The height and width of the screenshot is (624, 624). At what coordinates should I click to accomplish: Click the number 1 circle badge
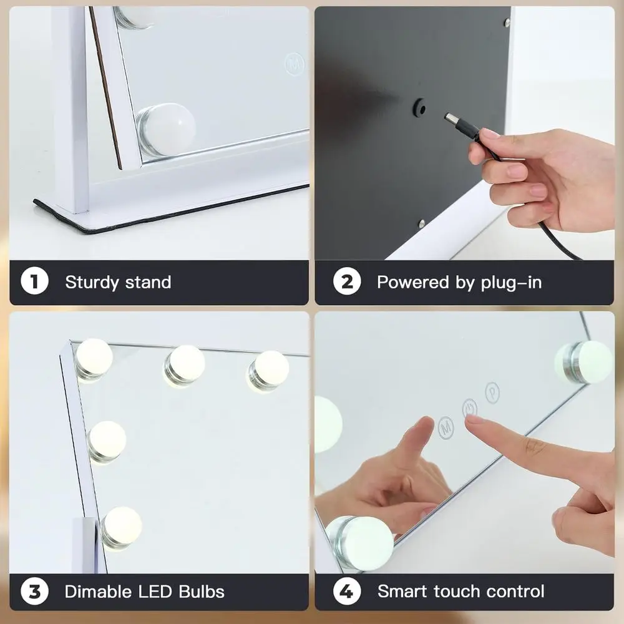[x=35, y=282]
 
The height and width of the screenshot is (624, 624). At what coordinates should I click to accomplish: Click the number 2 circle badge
[x=347, y=282]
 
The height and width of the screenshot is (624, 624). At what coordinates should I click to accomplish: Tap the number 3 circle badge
[x=35, y=591]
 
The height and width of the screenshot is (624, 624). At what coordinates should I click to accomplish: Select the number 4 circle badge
[x=347, y=591]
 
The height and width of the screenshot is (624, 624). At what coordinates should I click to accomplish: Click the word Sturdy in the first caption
[x=92, y=282]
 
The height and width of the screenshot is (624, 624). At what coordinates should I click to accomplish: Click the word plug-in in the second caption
[x=510, y=283]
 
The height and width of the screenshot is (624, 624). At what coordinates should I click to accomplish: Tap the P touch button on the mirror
[x=493, y=392]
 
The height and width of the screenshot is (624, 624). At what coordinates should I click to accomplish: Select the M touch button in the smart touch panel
[x=446, y=427]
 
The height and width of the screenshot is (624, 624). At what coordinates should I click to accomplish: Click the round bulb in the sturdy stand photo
[x=167, y=130]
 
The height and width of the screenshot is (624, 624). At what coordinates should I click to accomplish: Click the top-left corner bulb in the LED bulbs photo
[x=94, y=358]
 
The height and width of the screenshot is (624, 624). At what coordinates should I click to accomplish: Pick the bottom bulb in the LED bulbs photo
[x=121, y=526]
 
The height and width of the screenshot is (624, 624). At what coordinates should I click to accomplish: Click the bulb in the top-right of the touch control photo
[x=585, y=362]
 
